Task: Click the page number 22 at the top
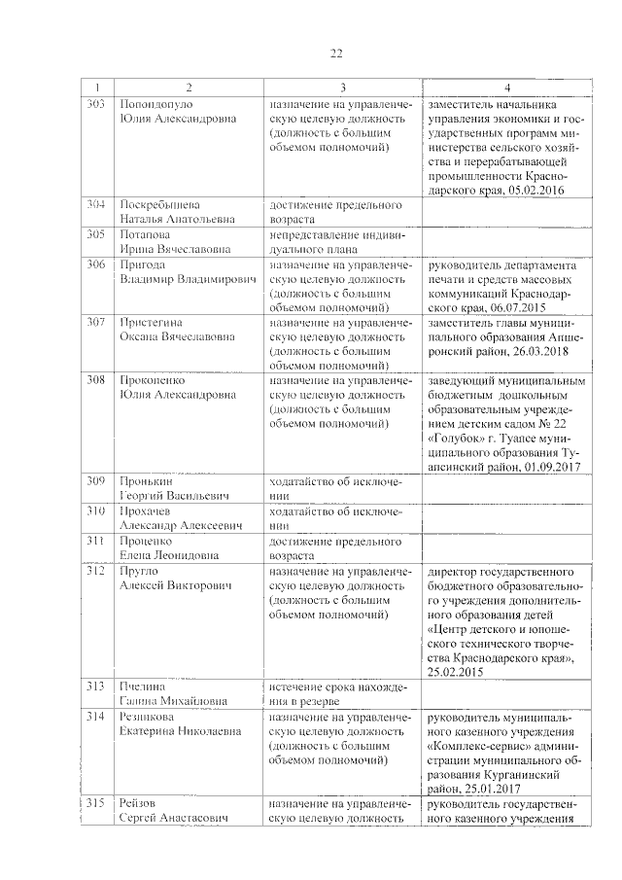tap(335, 53)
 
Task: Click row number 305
tap(95, 235)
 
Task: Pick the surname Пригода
tap(142, 265)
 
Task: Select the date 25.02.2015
tap(457, 672)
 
